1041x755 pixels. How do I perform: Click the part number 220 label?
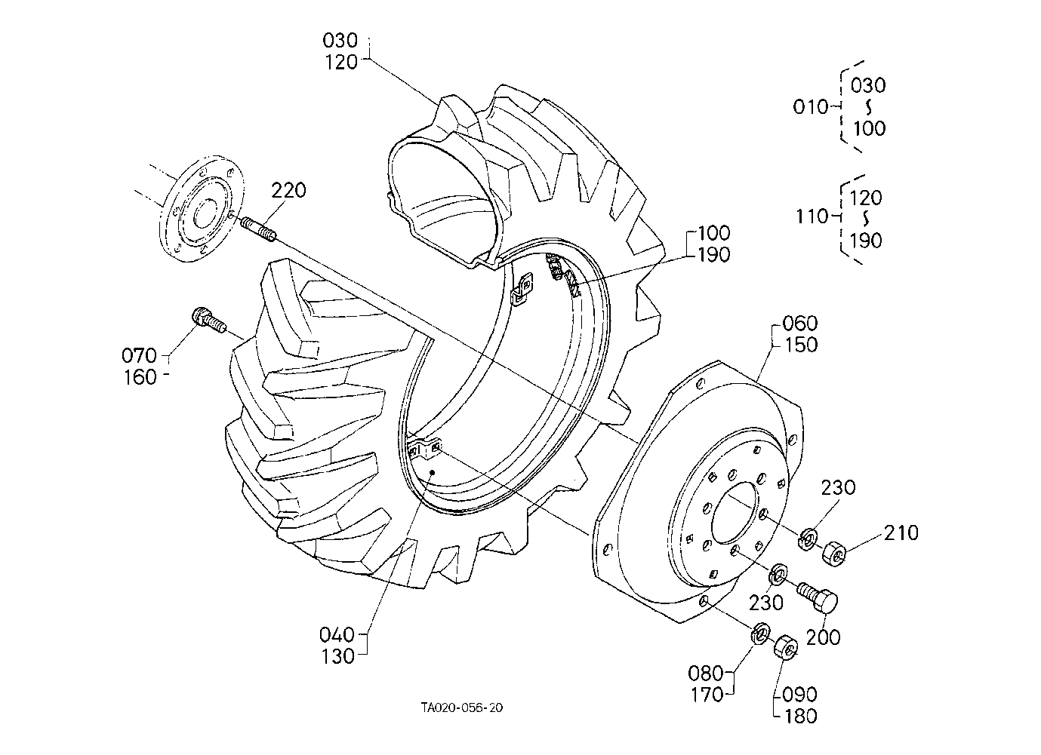(x=288, y=190)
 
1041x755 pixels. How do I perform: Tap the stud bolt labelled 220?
(x=259, y=229)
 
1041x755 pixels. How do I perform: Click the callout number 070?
(x=139, y=356)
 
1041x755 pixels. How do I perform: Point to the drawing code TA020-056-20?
(x=461, y=707)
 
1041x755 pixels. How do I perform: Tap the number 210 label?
(x=901, y=533)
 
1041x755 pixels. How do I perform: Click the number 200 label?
(x=823, y=637)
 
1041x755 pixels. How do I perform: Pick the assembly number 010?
(x=811, y=107)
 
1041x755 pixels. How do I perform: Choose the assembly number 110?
(x=812, y=216)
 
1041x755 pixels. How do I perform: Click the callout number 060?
(x=799, y=323)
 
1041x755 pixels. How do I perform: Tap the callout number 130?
(x=338, y=656)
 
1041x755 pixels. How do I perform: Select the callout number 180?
(x=801, y=716)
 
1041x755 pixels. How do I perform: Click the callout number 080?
(x=706, y=673)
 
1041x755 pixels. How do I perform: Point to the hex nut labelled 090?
(x=786, y=646)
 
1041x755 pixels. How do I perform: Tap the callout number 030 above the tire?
(x=340, y=41)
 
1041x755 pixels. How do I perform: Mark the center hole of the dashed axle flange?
(x=205, y=213)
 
